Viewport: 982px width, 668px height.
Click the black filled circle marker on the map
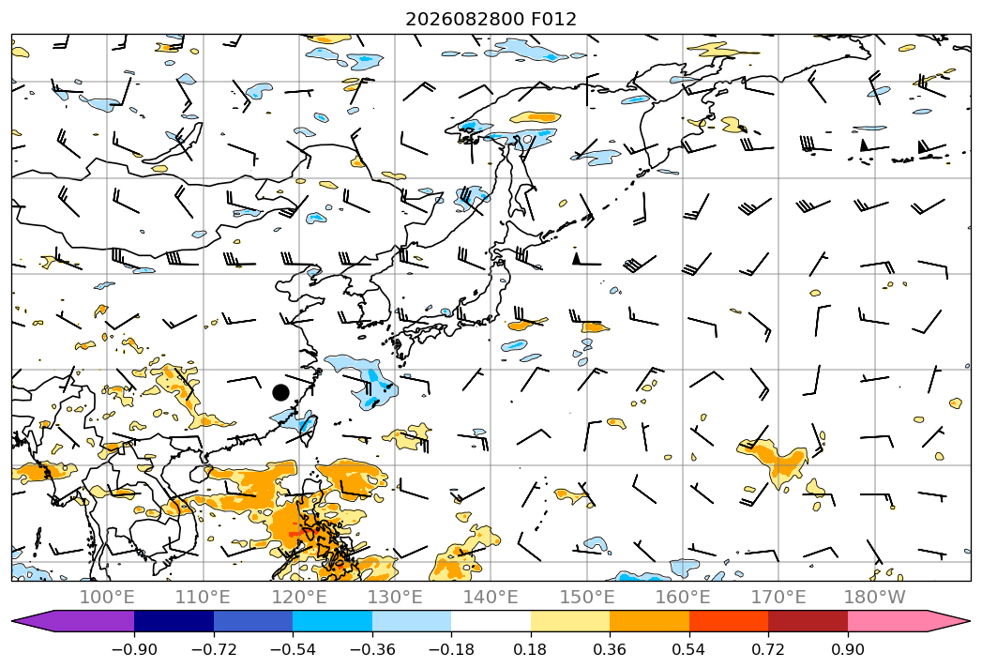click(x=280, y=393)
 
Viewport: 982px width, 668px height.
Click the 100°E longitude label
click(x=107, y=598)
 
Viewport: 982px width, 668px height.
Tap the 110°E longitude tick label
click(x=203, y=598)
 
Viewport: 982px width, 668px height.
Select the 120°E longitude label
click(x=299, y=598)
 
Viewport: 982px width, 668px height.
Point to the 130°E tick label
click(x=395, y=598)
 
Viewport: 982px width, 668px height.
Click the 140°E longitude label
click(x=491, y=598)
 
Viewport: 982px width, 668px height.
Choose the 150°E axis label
click(x=587, y=598)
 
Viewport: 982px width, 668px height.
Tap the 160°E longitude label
click(x=683, y=598)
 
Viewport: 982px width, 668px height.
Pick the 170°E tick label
click(x=778, y=598)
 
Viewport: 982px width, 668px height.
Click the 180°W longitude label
click(x=874, y=598)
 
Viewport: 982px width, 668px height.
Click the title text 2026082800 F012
click(x=491, y=19)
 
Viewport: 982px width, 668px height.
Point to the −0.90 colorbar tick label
click(x=134, y=649)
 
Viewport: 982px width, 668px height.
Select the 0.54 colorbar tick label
click(x=689, y=649)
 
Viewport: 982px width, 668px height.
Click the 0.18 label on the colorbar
click(x=531, y=649)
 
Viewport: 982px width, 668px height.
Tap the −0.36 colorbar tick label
click(x=372, y=649)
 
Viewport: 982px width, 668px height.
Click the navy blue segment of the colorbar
click(x=174, y=621)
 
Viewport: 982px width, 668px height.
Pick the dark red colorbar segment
click(x=808, y=621)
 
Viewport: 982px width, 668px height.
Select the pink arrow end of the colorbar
click(x=902, y=621)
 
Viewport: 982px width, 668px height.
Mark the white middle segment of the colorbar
click(x=491, y=621)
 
